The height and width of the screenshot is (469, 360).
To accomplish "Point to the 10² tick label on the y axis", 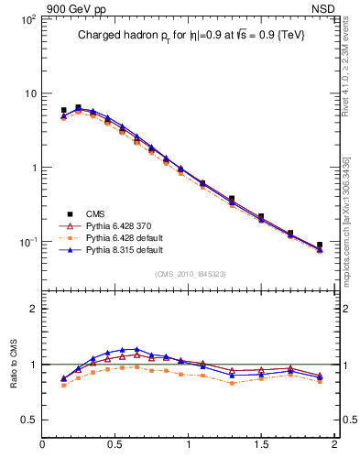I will coord(27,19).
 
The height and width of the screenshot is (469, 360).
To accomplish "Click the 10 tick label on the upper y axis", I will coord(29,93).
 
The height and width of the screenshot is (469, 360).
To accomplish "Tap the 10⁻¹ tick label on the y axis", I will coord(27,242).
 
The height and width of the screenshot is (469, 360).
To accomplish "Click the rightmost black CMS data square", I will coord(320,245).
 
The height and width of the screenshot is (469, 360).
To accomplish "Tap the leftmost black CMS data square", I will coord(63,110).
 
